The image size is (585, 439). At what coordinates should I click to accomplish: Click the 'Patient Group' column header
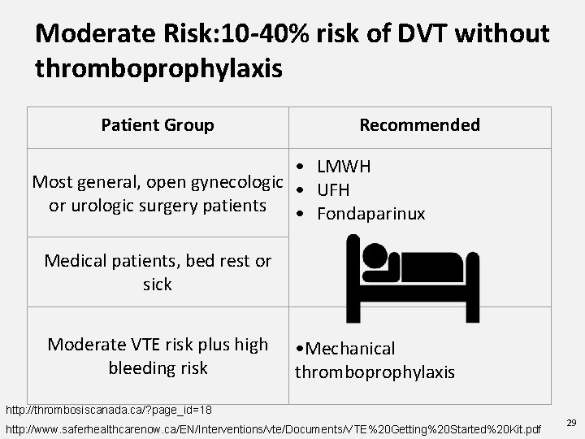pyautogui.click(x=158, y=125)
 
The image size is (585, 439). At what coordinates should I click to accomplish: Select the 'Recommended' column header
pyautogui.click(x=419, y=125)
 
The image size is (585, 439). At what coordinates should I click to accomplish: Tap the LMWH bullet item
pyautogui.click(x=344, y=167)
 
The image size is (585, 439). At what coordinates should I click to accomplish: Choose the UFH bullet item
pyautogui.click(x=333, y=190)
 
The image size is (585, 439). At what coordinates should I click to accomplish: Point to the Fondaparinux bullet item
pyautogui.click(x=370, y=214)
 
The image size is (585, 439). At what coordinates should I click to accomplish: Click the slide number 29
pyautogui.click(x=570, y=423)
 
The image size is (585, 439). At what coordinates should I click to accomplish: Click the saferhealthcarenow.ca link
pyautogui.click(x=273, y=428)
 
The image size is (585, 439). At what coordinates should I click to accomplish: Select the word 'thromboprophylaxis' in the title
pyautogui.click(x=159, y=68)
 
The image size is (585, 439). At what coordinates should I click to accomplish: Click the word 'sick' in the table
pyautogui.click(x=158, y=285)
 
